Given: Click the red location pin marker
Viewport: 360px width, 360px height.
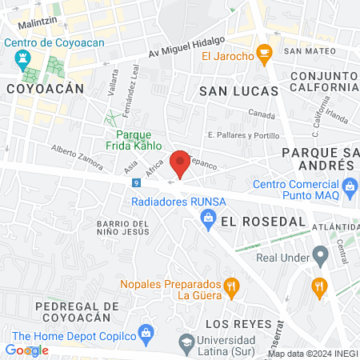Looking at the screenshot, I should click(x=180, y=162).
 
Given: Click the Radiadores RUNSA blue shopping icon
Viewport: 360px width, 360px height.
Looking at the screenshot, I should click(x=208, y=218).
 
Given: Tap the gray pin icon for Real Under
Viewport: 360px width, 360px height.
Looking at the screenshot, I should click(x=321, y=257).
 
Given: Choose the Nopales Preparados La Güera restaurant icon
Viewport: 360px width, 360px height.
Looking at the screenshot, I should click(x=231, y=286).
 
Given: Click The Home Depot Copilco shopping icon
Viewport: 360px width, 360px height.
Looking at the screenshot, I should click(x=146, y=331).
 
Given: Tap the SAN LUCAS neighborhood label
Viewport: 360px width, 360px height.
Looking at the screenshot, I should click(x=238, y=91).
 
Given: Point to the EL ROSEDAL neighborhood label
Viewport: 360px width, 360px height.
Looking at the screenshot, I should click(x=252, y=220).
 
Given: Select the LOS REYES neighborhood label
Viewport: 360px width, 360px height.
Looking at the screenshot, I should click(x=237, y=323).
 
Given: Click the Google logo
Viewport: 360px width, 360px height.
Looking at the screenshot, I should click(x=26, y=350).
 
